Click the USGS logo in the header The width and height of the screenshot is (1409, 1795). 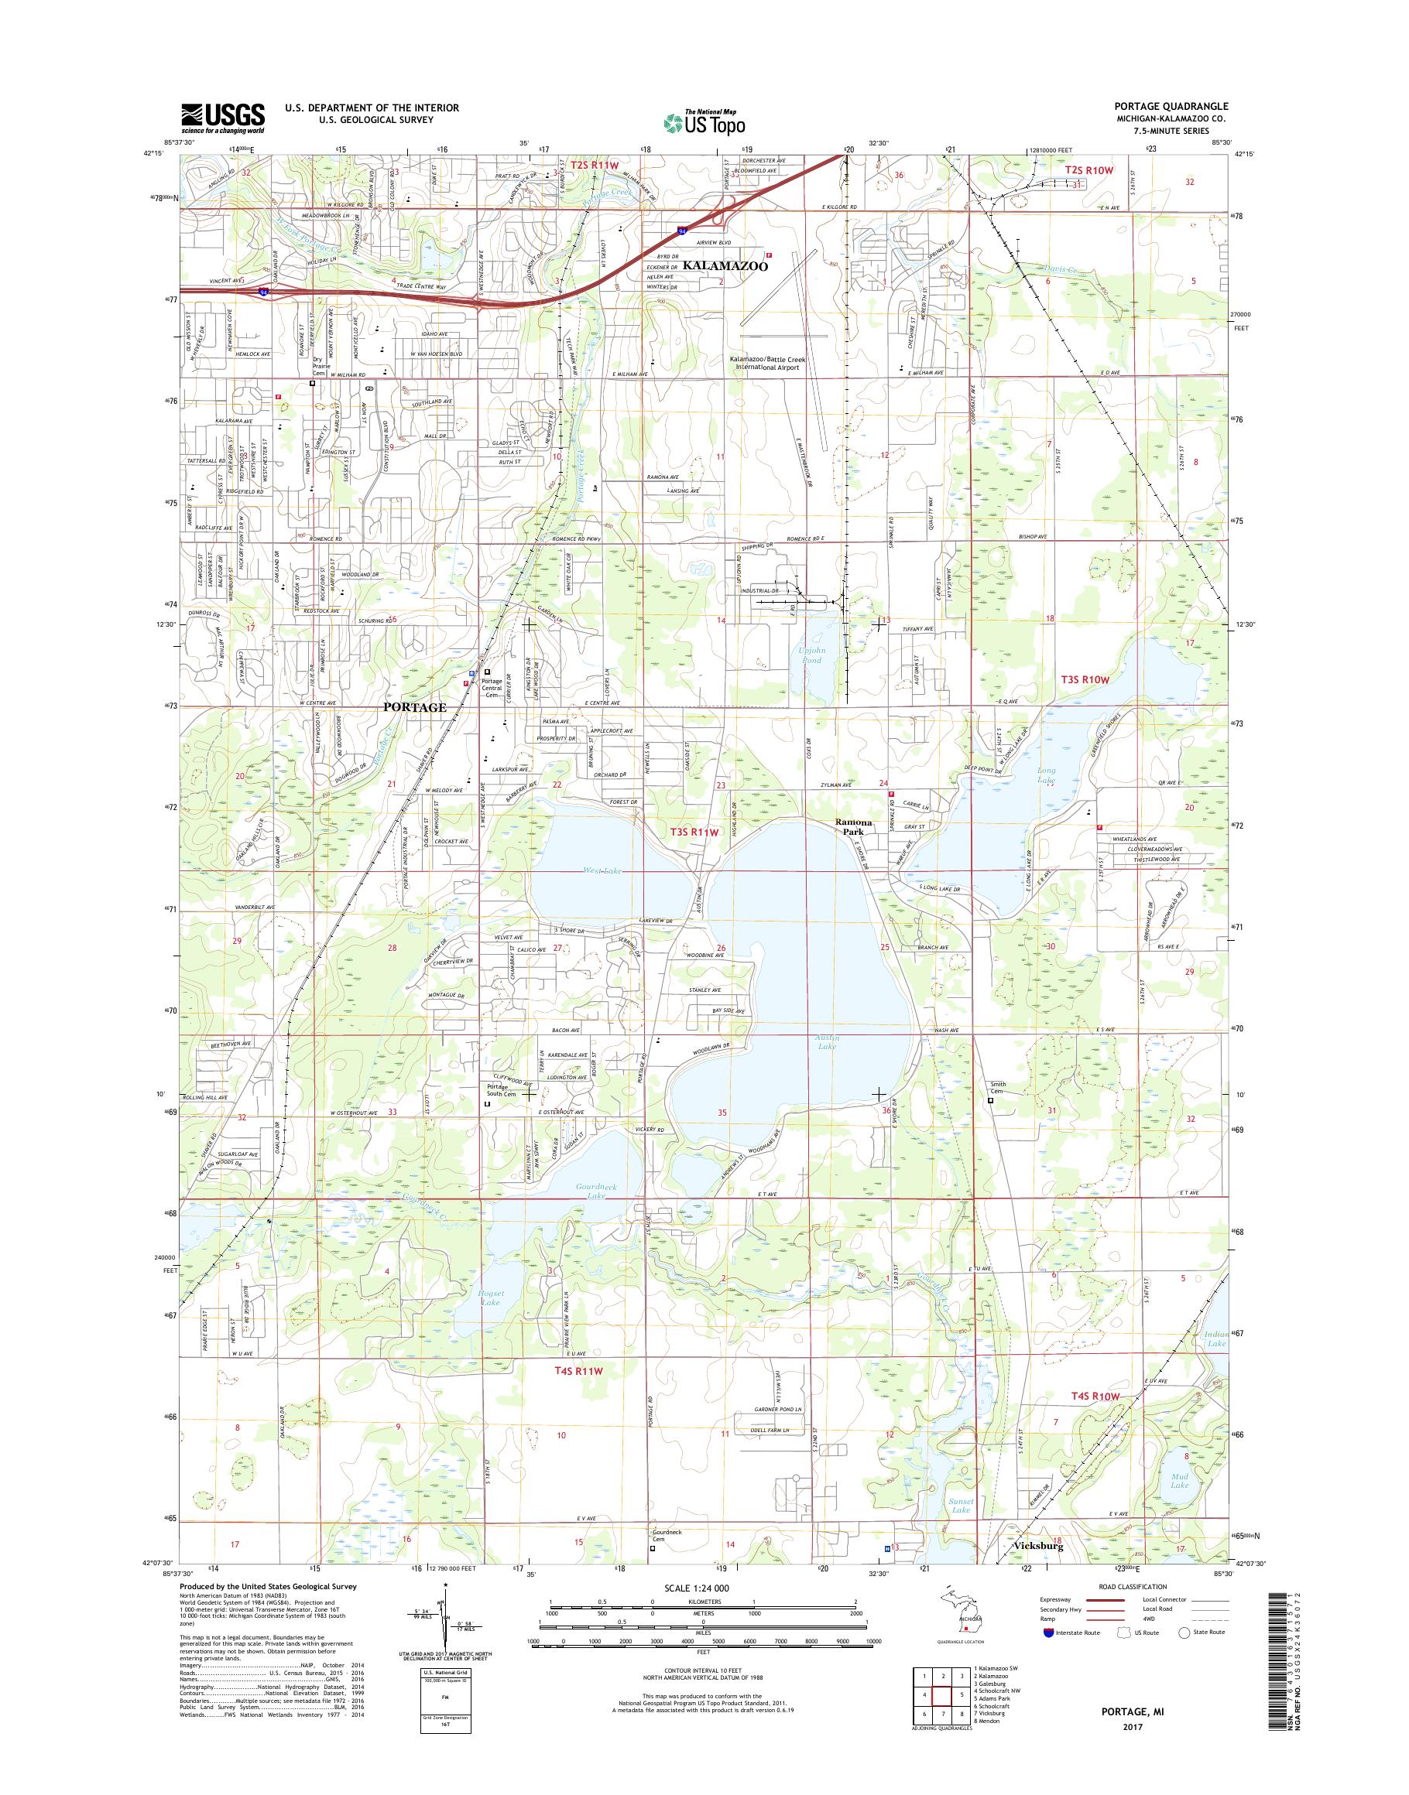tap(223, 118)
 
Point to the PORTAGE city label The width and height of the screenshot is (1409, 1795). tap(414, 707)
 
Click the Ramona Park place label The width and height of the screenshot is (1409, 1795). tap(854, 827)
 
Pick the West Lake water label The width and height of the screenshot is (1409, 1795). tap(604, 870)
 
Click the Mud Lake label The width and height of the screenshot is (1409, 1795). tap(1180, 1481)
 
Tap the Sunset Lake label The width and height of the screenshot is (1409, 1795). tap(961, 1505)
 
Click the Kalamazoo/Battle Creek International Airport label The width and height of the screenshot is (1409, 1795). tap(767, 364)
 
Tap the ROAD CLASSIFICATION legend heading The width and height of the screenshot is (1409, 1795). tap(1133, 1586)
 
